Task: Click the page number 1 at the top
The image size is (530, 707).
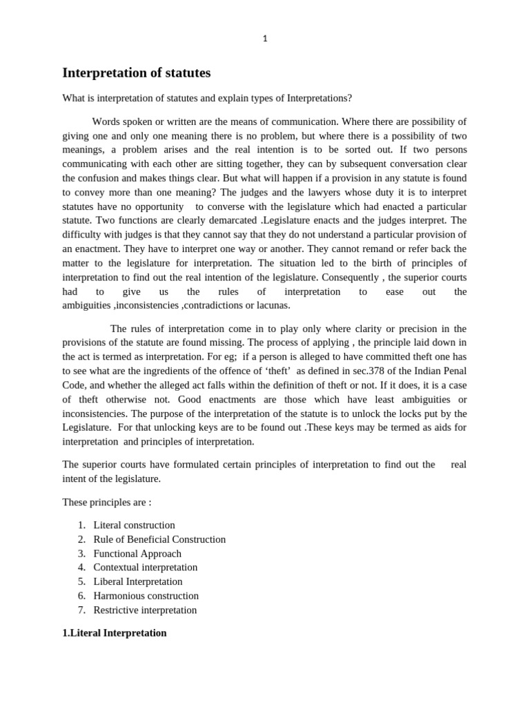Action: point(265,39)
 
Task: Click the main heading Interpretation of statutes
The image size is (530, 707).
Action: point(137,72)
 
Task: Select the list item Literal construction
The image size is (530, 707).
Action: point(134,525)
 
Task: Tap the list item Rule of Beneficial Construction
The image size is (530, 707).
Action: point(159,539)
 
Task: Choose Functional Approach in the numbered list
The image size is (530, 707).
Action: point(137,554)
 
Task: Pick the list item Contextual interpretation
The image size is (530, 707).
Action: point(145,568)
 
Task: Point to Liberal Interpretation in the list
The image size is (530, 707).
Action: point(138,581)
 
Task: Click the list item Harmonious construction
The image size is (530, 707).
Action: point(146,596)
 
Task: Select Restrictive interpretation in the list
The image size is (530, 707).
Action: point(145,610)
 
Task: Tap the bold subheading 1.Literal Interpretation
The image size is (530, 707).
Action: point(115,632)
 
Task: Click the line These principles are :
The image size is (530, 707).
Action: point(106,502)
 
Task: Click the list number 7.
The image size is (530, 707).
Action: point(81,610)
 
